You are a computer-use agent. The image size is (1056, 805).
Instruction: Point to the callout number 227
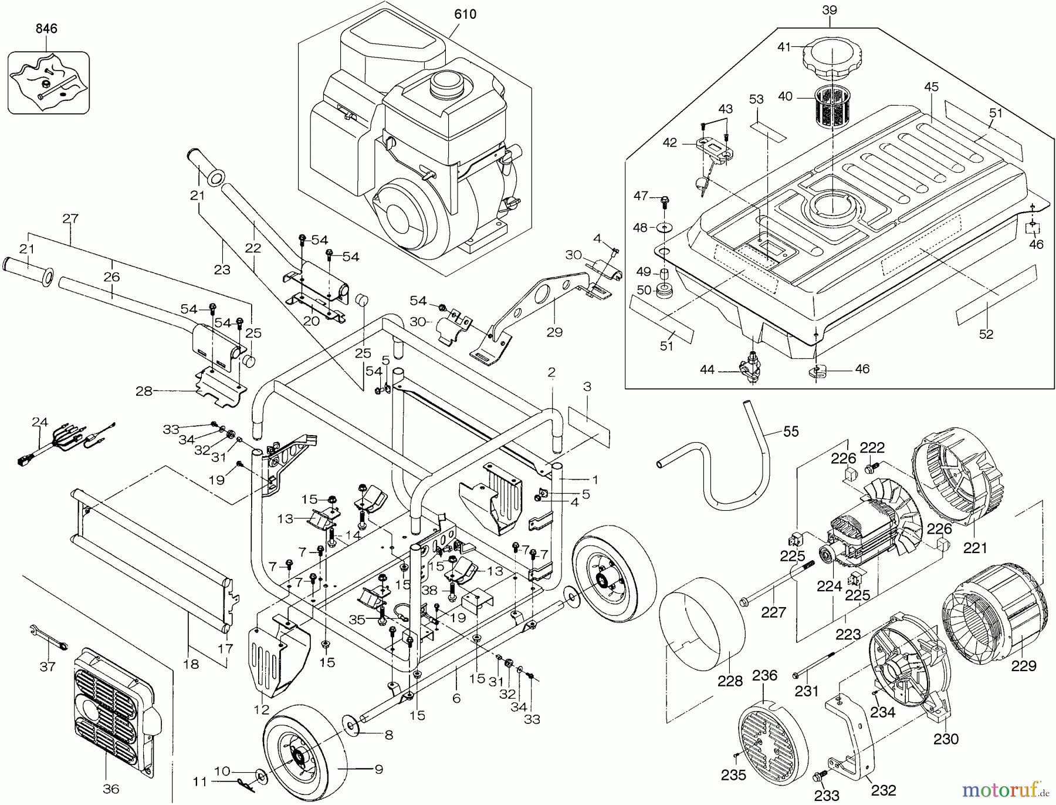[x=773, y=612]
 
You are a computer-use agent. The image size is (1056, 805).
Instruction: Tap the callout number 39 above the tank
[x=830, y=10]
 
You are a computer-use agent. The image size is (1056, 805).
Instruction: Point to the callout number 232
[x=884, y=790]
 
